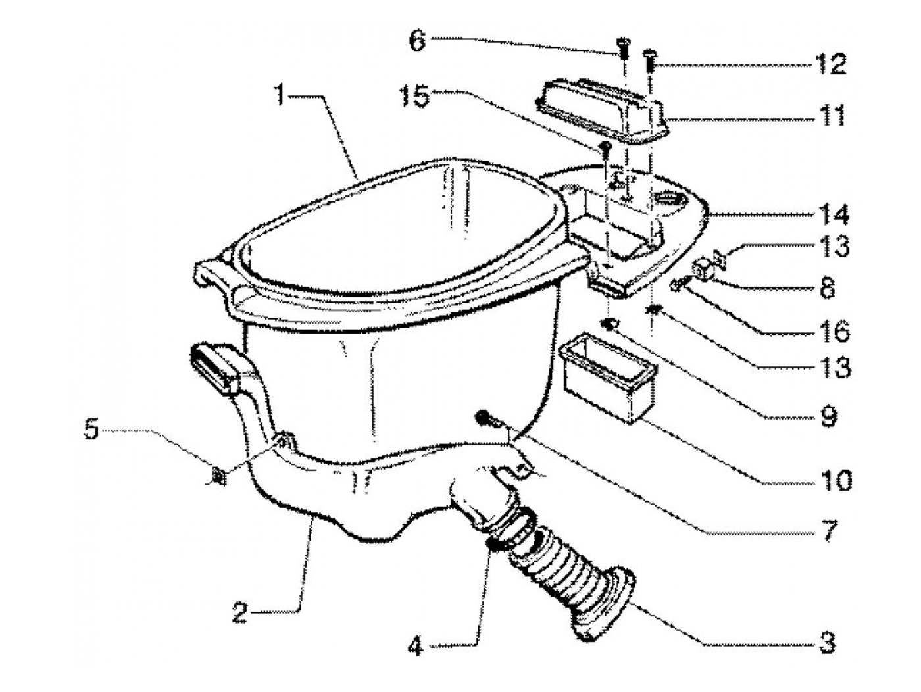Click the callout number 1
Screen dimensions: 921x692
(281, 95)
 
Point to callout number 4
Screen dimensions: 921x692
(415, 647)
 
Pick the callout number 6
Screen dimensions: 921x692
(419, 40)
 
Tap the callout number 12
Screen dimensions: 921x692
(830, 65)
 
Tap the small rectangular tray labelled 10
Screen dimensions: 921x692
(607, 377)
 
